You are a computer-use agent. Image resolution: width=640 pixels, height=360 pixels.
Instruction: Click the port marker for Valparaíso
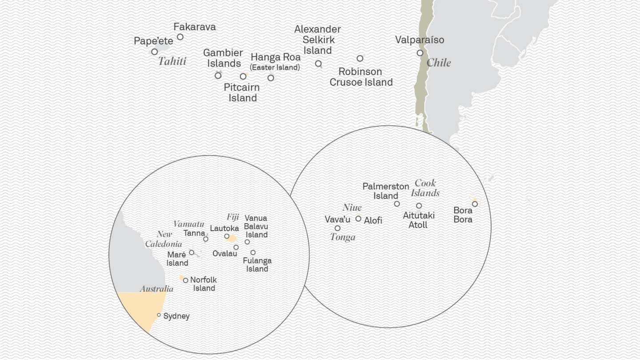(420, 53)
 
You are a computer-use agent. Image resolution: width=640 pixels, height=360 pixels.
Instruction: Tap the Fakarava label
(194, 27)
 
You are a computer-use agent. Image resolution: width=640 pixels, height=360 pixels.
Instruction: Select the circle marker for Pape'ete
(154, 52)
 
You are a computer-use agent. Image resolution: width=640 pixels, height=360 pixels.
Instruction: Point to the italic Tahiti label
(172, 61)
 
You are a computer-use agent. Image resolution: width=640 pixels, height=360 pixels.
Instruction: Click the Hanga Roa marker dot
(271, 78)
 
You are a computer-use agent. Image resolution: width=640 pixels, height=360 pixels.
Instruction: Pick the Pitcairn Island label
(242, 92)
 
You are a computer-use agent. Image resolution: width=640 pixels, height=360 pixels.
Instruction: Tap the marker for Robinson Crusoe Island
(360, 58)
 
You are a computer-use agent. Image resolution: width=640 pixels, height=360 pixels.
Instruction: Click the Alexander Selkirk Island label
(317, 40)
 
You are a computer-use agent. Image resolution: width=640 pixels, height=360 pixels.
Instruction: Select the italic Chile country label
(439, 63)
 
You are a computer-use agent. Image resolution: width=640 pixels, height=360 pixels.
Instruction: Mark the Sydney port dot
(159, 315)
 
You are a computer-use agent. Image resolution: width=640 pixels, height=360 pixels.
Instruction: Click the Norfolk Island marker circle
(185, 280)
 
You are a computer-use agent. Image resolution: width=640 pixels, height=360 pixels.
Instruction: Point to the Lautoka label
(224, 228)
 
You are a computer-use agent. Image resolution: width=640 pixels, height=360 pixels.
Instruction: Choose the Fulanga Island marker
(253, 252)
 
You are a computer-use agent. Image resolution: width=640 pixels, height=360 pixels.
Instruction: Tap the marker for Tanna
(205, 239)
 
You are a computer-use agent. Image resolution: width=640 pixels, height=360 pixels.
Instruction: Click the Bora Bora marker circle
(475, 204)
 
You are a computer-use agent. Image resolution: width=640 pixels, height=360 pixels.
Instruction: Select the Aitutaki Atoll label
(419, 220)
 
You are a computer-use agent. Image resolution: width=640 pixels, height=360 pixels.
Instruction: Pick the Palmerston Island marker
(397, 204)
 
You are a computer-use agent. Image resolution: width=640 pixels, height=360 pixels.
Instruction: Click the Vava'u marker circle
(337, 228)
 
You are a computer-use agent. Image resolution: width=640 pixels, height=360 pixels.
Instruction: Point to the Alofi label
(373, 220)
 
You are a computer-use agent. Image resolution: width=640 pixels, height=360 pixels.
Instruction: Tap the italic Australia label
(156, 289)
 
